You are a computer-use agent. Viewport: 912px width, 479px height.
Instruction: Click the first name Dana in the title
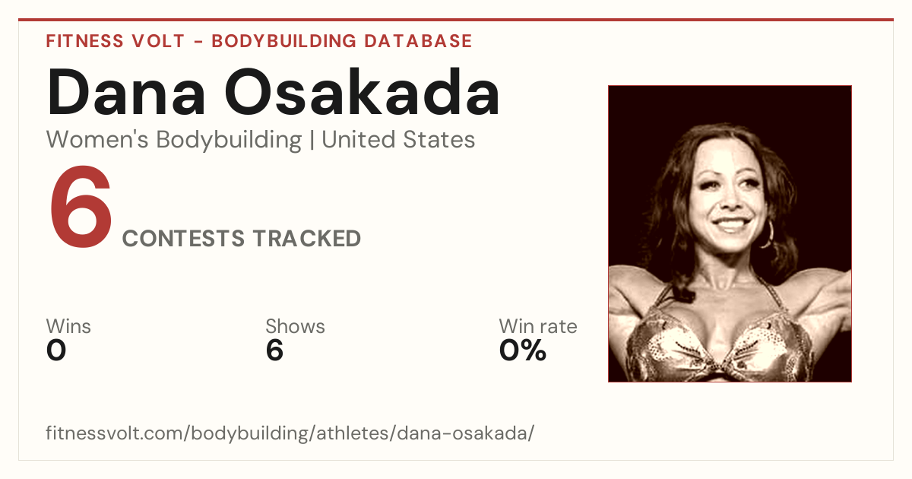126,92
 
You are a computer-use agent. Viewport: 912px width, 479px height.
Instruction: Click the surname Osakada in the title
362,92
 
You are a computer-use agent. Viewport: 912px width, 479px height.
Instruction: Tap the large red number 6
81,207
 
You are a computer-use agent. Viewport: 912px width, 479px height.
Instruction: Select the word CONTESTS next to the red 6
183,238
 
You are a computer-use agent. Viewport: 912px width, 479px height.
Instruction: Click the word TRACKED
307,238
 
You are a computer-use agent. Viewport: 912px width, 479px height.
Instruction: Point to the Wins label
68,326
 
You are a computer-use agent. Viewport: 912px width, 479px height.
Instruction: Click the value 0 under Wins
56,351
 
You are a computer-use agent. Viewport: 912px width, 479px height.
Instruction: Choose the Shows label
295,326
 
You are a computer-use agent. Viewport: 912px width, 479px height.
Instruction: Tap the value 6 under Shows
274,351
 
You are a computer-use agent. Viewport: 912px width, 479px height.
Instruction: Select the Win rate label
538,326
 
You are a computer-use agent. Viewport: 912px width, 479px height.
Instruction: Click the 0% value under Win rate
523,351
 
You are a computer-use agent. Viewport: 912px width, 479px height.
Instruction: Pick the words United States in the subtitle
398,139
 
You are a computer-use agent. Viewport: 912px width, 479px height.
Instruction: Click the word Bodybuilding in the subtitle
229,140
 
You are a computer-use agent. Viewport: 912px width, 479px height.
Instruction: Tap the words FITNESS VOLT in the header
116,41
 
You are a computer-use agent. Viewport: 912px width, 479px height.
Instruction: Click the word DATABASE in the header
418,41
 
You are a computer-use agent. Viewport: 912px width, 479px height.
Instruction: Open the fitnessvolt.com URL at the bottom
290,433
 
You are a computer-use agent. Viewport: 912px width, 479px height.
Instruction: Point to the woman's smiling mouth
731,224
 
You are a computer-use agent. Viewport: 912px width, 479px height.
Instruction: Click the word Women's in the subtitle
97,139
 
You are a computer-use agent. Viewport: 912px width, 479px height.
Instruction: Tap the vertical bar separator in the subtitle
312,140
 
